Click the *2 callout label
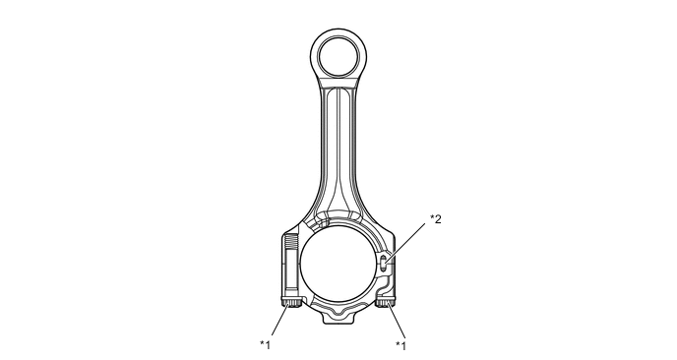(x=436, y=219)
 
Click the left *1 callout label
(x=265, y=345)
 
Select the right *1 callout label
(x=401, y=345)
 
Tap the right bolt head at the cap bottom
(x=385, y=302)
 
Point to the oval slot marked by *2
(x=384, y=263)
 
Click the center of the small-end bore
(x=338, y=56)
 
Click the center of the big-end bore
(x=338, y=263)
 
